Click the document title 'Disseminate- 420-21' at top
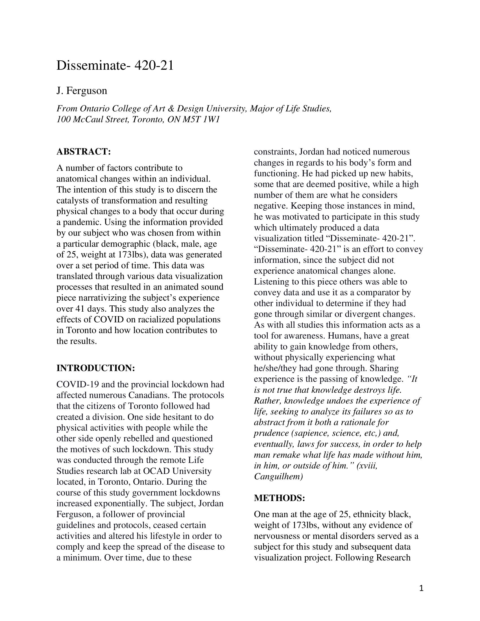click(x=115, y=66)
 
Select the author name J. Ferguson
click(x=82, y=91)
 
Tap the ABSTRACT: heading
click(x=84, y=152)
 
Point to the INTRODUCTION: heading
click(x=95, y=368)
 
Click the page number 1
click(x=422, y=588)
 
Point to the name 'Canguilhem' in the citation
click(x=278, y=476)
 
